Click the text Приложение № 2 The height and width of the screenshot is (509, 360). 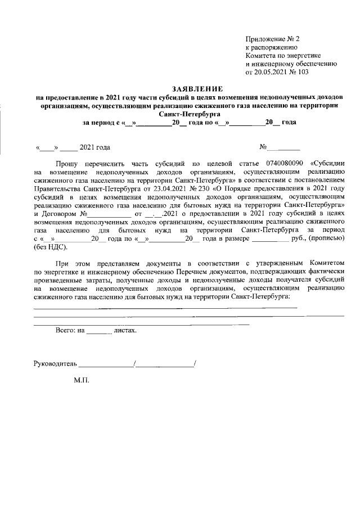coord(273,39)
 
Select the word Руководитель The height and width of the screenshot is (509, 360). coord(55,363)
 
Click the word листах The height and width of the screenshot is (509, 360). coord(125,331)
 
